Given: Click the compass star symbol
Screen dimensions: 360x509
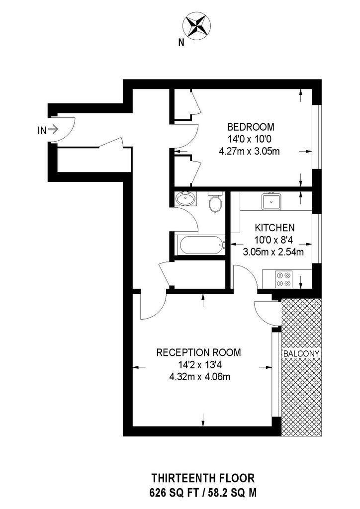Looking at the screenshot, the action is (197, 26).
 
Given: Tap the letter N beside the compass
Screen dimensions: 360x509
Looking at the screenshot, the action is (181, 43).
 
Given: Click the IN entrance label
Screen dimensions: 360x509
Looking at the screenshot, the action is (42, 130).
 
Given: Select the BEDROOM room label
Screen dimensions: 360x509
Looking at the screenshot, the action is (250, 126).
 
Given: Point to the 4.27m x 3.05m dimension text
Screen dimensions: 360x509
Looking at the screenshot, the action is (250, 151).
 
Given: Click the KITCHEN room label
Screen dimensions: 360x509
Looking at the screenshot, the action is (274, 227).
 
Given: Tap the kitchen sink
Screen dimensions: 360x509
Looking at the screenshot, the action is (271, 201).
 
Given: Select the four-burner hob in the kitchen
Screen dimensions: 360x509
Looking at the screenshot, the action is (284, 279).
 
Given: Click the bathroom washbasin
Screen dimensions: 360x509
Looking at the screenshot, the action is (185, 199).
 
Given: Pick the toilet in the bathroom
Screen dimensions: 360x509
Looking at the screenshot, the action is (215, 202).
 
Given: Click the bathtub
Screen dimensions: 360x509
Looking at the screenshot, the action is (200, 246).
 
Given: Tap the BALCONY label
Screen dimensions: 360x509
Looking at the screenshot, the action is (301, 353).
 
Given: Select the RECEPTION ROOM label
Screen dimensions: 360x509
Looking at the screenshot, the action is (199, 352).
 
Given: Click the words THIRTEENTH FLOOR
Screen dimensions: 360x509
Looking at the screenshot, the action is (203, 478).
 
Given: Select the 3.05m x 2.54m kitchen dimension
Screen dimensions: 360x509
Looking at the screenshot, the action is (273, 252).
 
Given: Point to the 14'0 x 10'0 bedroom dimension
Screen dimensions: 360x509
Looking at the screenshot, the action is (250, 139).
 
